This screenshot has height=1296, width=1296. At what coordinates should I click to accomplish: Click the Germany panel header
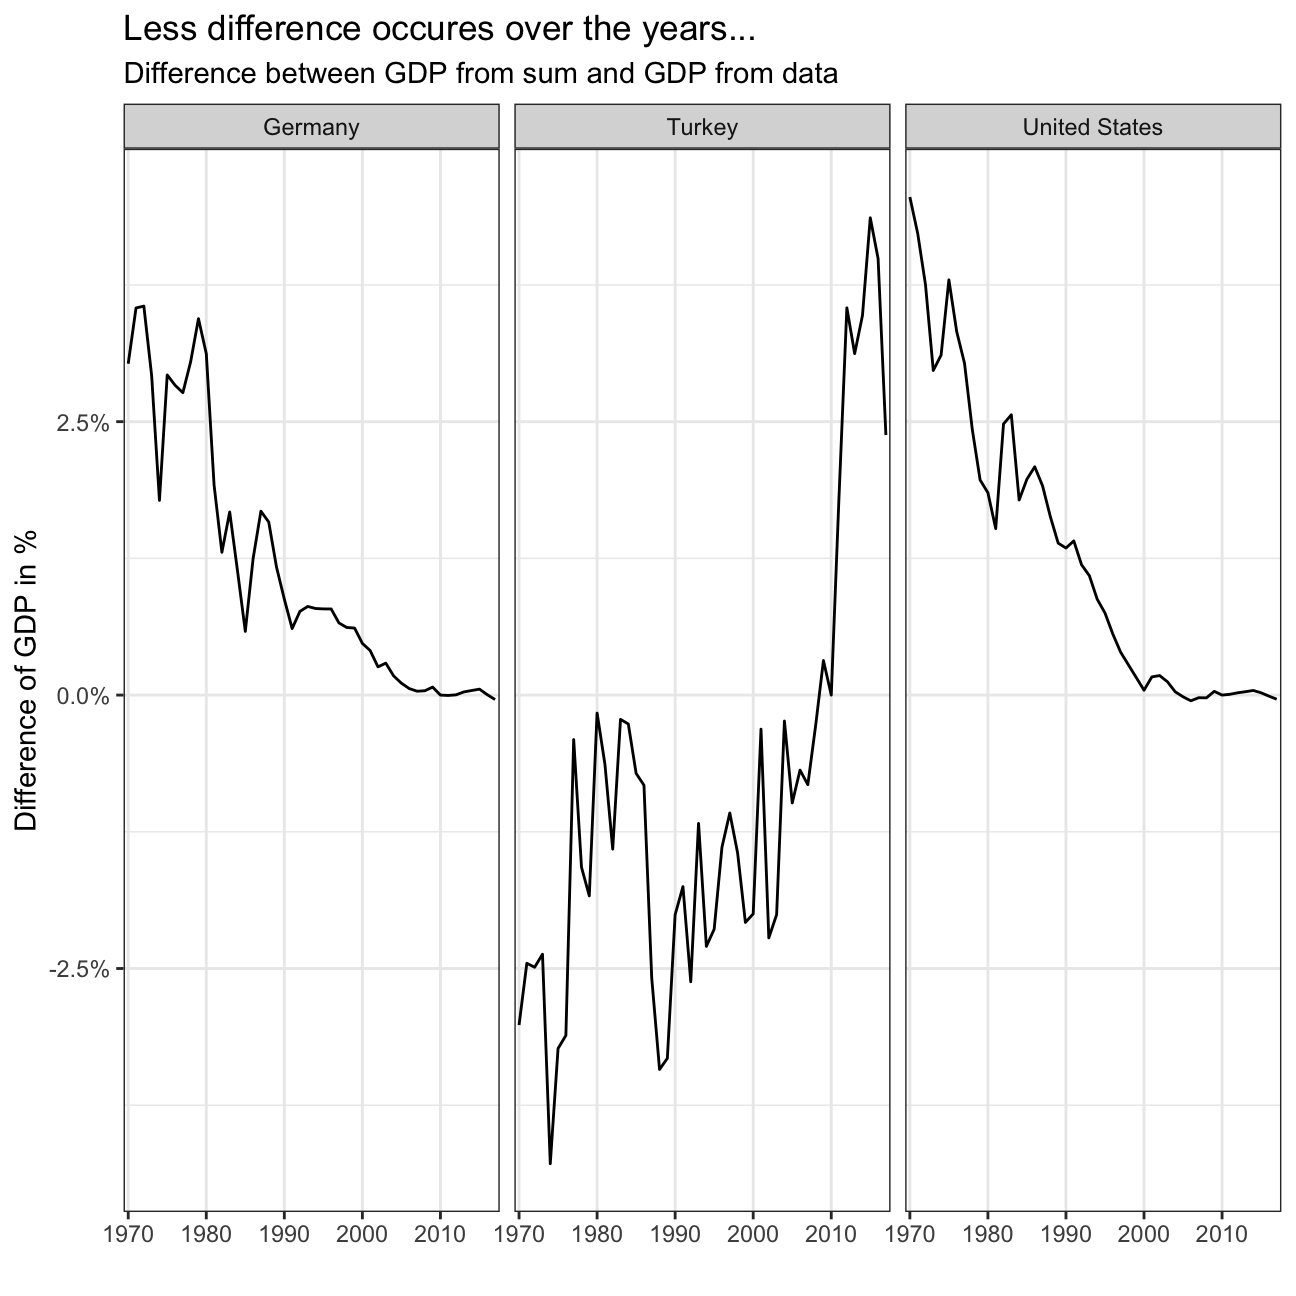coord(311,127)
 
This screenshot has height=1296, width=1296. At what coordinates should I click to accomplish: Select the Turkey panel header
coord(702,127)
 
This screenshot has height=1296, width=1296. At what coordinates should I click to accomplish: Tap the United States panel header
coord(1092,127)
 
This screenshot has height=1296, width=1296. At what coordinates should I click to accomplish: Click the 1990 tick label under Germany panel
coord(284,1228)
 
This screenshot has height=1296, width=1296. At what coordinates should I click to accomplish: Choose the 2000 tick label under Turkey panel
coord(753,1228)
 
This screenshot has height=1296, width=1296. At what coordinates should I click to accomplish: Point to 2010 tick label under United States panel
coord(1222,1228)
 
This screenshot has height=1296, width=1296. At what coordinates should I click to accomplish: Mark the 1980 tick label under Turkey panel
coord(597,1228)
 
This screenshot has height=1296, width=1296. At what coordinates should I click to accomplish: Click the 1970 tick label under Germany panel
coord(129,1228)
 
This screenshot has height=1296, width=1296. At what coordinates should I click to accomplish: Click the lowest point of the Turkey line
coord(550,1163)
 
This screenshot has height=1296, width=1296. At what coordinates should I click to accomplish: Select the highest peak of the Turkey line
coord(870,217)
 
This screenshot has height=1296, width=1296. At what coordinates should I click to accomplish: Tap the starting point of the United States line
coord(910,198)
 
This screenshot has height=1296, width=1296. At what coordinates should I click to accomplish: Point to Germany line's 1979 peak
coord(199,319)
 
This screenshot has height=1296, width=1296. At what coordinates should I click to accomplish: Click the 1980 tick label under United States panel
coord(988,1228)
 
